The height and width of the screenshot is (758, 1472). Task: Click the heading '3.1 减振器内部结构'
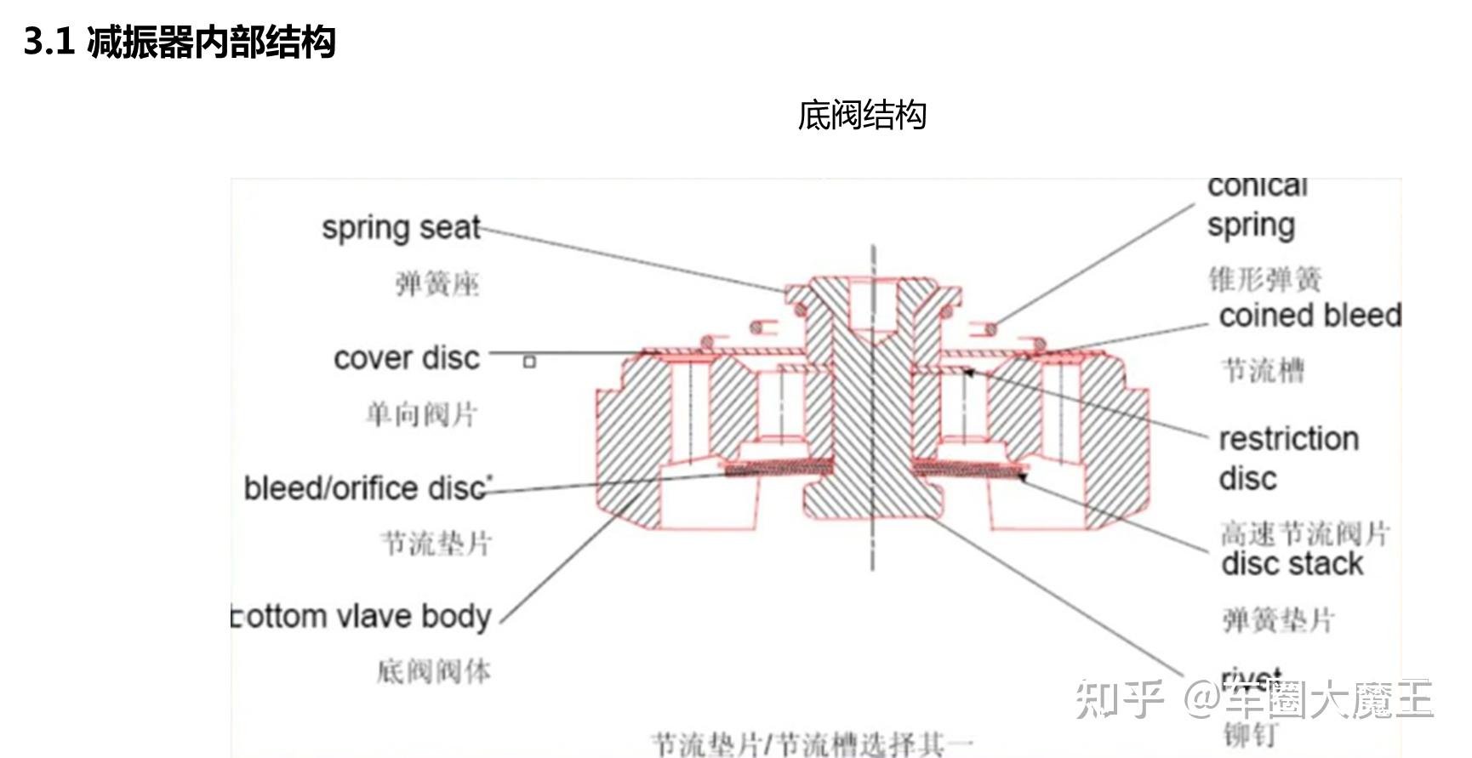180,42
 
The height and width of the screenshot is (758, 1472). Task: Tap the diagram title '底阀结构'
861,115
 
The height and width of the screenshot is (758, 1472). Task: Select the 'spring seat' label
401,228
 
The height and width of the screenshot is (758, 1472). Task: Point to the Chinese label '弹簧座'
437,284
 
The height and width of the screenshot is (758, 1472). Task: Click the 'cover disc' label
407,358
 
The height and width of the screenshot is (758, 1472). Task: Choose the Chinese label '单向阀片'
421,414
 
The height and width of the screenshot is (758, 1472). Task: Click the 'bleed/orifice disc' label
366,488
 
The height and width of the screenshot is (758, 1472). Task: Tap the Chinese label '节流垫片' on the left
436,543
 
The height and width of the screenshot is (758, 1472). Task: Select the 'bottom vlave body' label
362,616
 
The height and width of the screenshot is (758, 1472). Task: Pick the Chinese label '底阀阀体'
434,671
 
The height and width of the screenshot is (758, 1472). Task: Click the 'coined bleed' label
1309,316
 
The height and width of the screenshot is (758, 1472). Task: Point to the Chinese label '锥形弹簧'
1265,279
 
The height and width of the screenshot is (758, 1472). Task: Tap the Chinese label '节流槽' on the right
1263,370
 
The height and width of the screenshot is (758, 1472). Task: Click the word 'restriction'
1288,439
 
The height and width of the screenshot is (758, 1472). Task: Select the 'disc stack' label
1292,564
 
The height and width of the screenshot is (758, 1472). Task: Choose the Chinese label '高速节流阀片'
1305,533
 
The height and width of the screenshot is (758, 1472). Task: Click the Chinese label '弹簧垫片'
1278,620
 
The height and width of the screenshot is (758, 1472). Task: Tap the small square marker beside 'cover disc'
529,362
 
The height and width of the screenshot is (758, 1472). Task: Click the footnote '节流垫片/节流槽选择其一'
812,744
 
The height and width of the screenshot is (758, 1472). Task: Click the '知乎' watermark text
1118,699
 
